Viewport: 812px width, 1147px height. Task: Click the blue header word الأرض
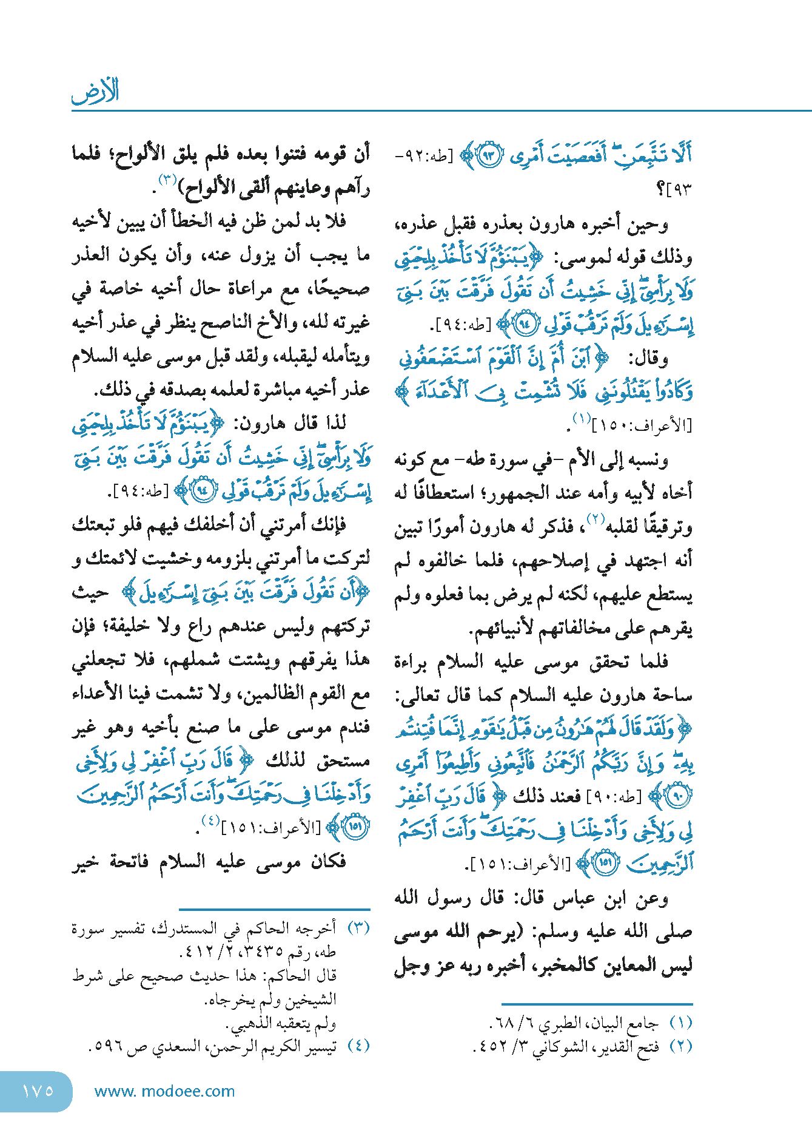[x=95, y=91]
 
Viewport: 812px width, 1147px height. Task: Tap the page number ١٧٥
[x=38, y=1091]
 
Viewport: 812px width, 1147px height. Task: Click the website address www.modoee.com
[x=164, y=1091]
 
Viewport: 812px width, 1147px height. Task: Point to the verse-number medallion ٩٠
[x=676, y=796]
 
